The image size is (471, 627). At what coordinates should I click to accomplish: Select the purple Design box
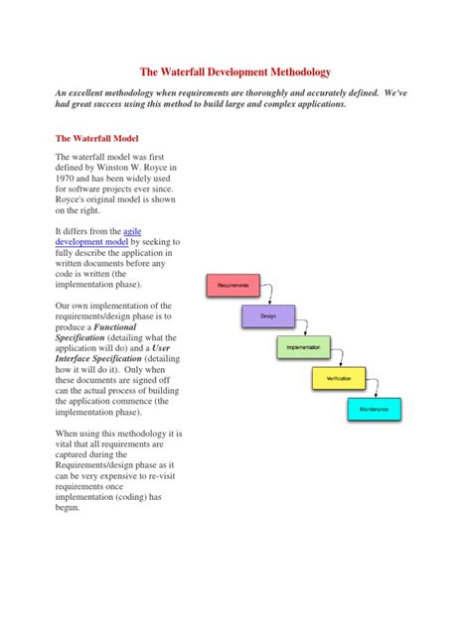click(267, 316)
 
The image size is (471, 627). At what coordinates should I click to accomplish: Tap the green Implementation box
click(303, 347)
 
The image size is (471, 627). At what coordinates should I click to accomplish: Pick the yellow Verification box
click(339, 378)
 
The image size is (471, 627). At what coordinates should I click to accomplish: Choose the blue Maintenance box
click(374, 409)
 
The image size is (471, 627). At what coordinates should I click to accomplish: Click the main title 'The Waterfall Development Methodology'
click(235, 72)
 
